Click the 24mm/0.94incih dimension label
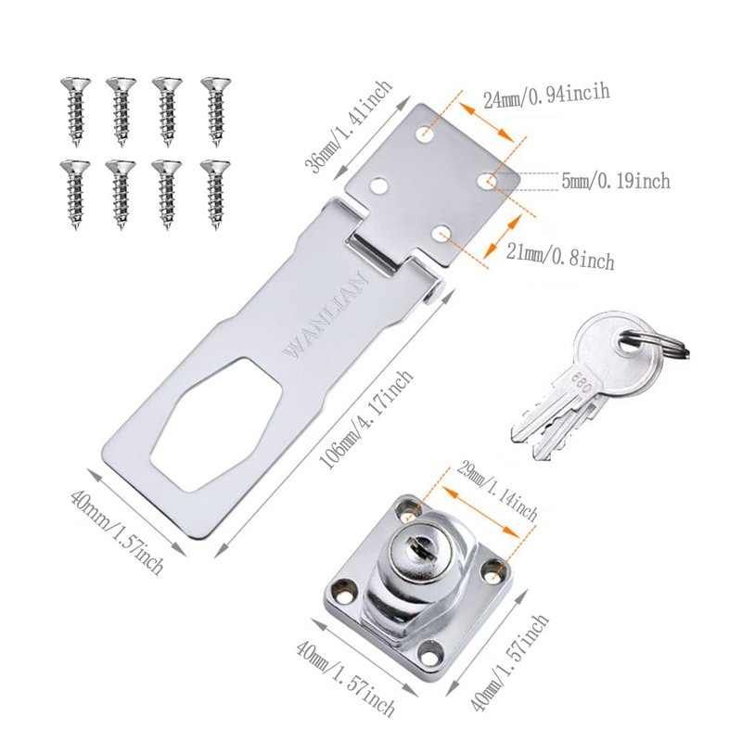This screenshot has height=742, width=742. pyautogui.click(x=546, y=96)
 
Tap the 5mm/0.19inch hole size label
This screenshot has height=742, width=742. pyautogui.click(x=616, y=181)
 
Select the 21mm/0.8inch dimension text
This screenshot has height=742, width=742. pyautogui.click(x=560, y=258)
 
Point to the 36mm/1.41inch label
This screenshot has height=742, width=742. pyautogui.click(x=349, y=127)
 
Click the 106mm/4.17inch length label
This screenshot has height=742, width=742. pyautogui.click(x=365, y=419)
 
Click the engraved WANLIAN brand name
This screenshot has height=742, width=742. pyautogui.click(x=326, y=315)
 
